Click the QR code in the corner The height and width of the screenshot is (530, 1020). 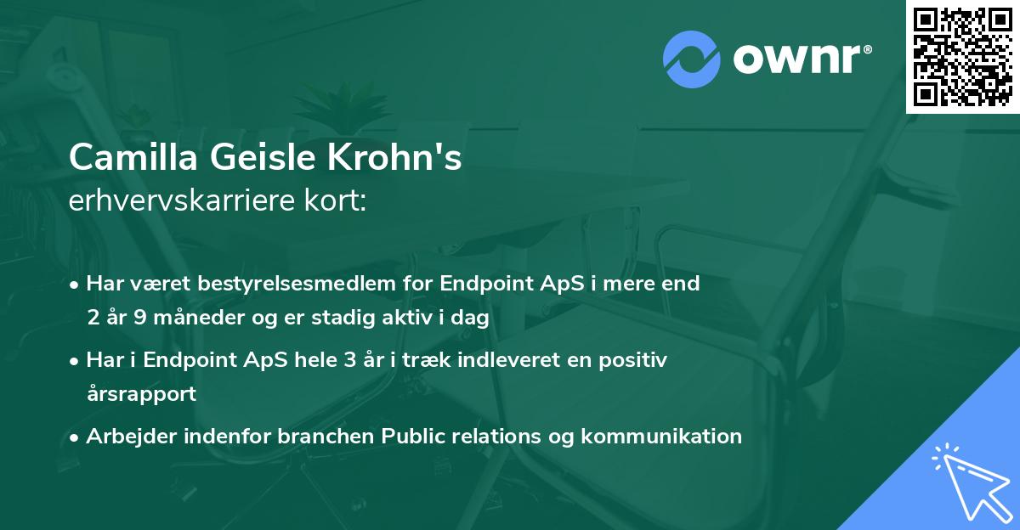tap(962, 57)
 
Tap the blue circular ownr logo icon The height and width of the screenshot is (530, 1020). tap(692, 59)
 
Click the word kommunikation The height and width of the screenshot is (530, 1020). tap(662, 437)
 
